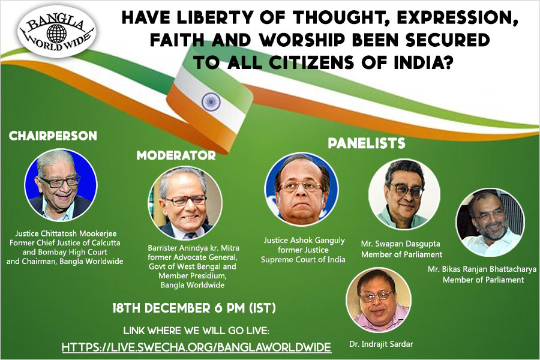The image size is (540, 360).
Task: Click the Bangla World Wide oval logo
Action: (56, 31)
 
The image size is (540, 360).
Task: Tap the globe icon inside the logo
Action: (56, 34)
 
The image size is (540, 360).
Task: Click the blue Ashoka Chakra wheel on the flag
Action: (211, 101)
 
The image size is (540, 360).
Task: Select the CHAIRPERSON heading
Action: (53, 136)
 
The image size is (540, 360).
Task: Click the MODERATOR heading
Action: (176, 155)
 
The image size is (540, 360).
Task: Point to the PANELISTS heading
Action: (367, 143)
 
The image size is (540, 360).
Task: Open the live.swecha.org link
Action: (196, 347)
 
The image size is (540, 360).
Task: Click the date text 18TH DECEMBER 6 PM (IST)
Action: (194, 308)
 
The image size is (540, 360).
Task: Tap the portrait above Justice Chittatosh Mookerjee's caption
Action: (61, 185)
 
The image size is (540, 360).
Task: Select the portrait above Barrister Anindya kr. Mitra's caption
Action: (185, 203)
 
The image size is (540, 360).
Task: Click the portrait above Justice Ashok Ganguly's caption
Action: (301, 189)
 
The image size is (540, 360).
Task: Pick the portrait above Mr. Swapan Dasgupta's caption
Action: (404, 194)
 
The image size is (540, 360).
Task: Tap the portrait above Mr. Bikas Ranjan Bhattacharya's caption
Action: (490, 223)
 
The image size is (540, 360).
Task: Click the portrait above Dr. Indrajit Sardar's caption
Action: (379, 301)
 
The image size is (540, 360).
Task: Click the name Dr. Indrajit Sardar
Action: (381, 344)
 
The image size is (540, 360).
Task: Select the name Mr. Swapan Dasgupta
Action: (401, 244)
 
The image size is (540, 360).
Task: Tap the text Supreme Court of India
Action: (303, 259)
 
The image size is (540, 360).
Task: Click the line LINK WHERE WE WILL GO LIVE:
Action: (196, 331)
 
